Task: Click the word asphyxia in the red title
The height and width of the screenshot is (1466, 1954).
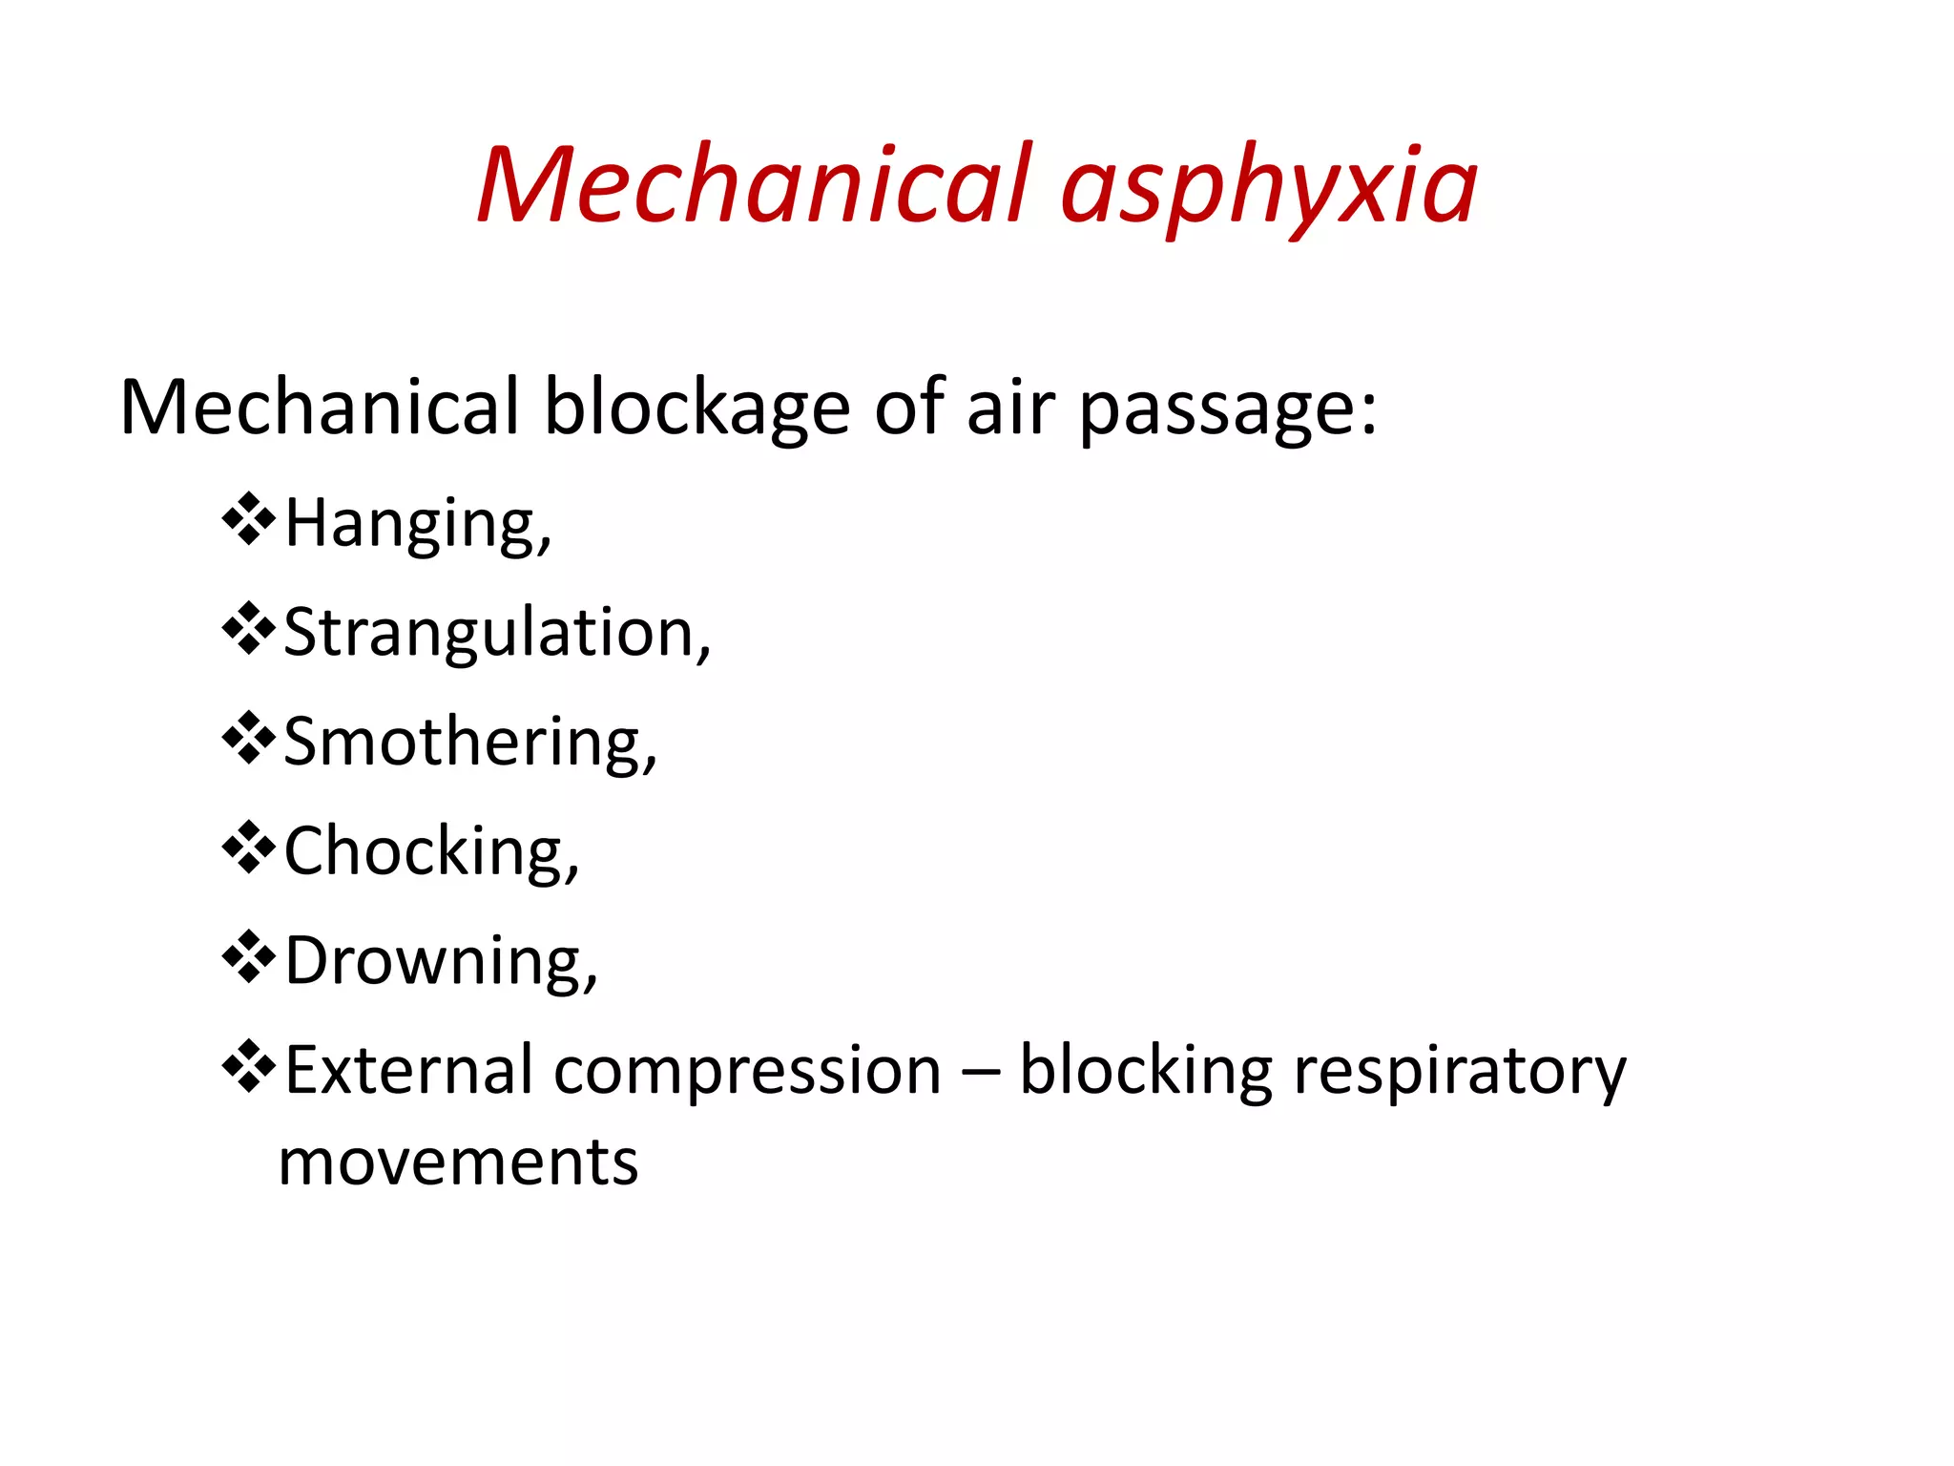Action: (1268, 186)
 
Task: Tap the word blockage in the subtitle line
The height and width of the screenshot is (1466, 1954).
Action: (696, 408)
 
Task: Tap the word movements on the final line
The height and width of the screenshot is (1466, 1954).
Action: (458, 1163)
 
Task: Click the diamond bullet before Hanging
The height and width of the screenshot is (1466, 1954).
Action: (248, 519)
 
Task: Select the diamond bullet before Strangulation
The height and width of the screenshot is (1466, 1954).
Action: (248, 628)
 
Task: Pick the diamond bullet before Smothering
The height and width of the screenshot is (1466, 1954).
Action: (248, 738)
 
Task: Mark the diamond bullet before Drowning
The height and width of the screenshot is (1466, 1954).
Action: (248, 956)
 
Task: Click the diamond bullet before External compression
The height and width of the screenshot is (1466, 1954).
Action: (248, 1065)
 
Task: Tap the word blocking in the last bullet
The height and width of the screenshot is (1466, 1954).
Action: (1145, 1072)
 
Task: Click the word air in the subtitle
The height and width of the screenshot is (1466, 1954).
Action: (1010, 408)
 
